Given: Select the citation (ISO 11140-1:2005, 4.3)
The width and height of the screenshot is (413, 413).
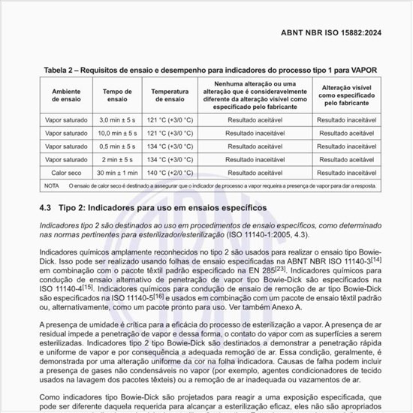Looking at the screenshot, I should (x=289, y=234).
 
